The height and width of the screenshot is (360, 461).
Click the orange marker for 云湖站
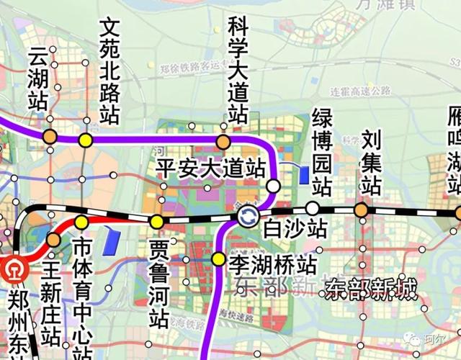click(49, 135)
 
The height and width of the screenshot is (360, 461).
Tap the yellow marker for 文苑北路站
click(86, 140)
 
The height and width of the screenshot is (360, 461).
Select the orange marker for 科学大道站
click(223, 140)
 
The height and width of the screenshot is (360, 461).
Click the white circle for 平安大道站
click(274, 186)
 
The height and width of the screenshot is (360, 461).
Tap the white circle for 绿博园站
click(312, 208)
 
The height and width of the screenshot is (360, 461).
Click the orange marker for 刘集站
click(360, 210)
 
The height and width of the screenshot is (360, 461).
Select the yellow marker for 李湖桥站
click(218, 258)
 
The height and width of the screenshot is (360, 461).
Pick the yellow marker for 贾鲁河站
click(156, 221)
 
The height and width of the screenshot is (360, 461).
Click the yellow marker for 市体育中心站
click(81, 222)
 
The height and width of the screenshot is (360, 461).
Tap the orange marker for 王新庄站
click(53, 239)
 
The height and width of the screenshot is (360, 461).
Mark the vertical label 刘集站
click(370, 162)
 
